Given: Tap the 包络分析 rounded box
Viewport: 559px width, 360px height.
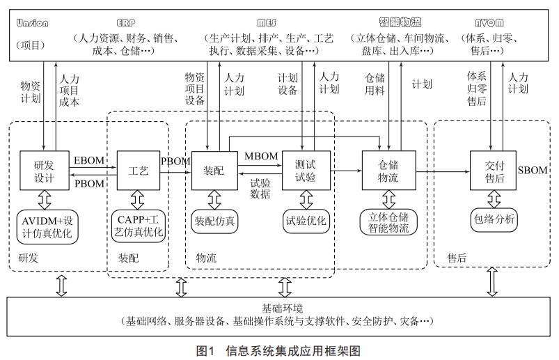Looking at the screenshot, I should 493,218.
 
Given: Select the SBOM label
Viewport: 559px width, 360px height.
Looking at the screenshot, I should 533,170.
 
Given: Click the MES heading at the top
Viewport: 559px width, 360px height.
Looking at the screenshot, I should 271,22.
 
